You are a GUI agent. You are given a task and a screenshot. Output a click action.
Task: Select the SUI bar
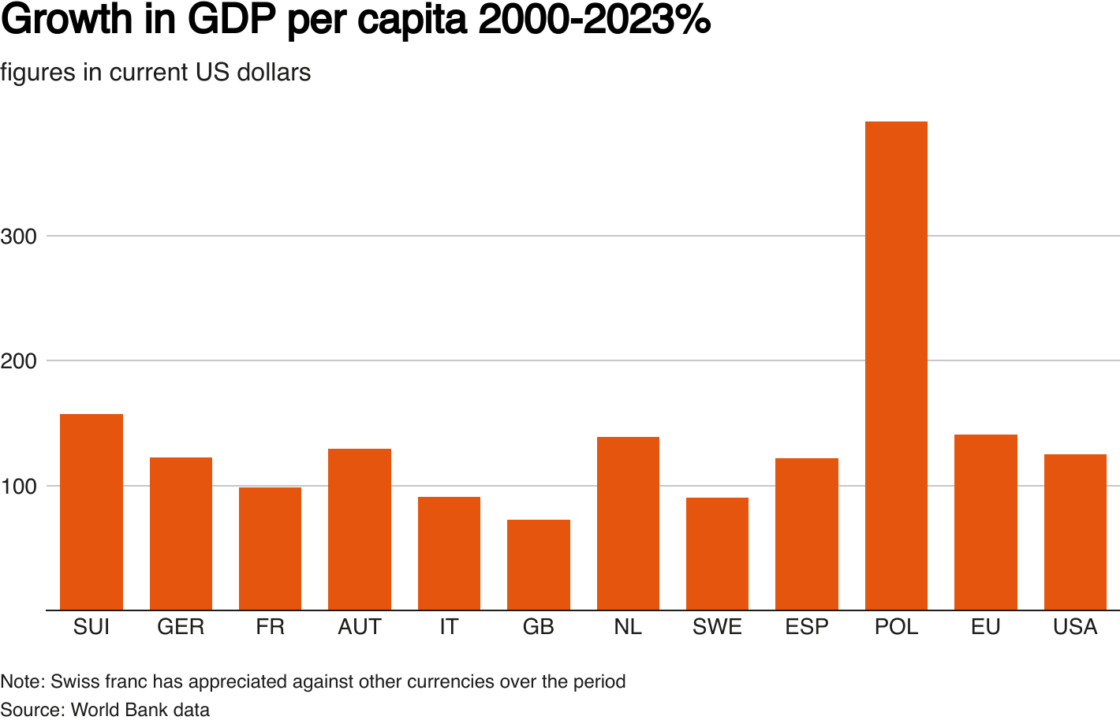pos(91,512)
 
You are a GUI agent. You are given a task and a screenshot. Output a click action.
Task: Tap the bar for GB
pos(539,565)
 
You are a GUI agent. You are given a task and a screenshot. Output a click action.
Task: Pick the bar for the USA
pos(1075,532)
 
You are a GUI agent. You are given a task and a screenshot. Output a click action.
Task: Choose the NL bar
pos(628,523)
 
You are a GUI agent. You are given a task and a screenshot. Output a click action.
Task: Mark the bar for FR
pos(270,548)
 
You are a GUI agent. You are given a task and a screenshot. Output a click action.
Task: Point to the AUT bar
pos(360,529)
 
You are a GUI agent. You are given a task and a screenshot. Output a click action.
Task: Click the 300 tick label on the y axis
pos(19,237)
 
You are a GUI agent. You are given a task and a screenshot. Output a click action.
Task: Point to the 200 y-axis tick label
pos(19,361)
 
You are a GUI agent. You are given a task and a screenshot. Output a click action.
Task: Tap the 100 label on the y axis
pos(19,487)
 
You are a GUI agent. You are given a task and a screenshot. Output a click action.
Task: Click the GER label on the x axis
pos(181,627)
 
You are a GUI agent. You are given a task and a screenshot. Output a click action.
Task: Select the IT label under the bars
pos(449,627)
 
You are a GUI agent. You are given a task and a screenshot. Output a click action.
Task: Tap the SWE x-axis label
pos(717,627)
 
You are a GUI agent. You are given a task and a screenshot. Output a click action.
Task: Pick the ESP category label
pos(807,627)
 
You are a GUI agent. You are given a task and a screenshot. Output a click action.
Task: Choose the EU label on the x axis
pos(986,627)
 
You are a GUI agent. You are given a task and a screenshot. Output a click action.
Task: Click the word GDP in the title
pos(233,21)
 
